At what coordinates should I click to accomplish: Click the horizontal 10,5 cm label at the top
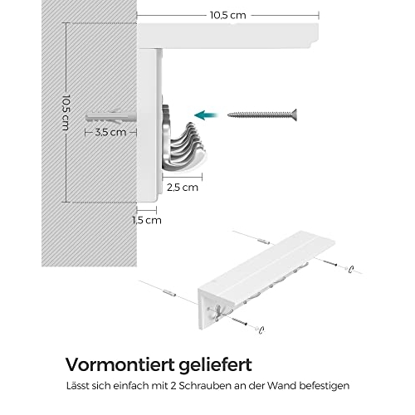[228, 15]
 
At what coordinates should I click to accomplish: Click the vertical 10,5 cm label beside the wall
[66, 112]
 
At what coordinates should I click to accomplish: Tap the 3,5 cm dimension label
[110, 132]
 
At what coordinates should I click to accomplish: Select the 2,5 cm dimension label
[183, 188]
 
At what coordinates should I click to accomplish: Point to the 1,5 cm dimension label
[147, 220]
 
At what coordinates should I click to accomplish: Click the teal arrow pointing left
[206, 115]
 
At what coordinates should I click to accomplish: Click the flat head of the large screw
[294, 115]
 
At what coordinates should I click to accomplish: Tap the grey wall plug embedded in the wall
[111, 117]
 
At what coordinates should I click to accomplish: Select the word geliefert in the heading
[215, 365]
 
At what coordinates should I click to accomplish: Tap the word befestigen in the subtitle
[325, 386]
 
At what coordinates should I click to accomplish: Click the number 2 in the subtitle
[173, 386]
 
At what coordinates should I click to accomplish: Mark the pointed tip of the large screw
[228, 115]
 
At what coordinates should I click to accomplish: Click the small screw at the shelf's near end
[239, 322]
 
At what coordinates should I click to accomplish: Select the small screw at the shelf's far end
[330, 262]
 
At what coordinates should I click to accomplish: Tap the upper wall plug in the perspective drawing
[263, 241]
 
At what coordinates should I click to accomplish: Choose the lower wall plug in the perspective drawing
[169, 292]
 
